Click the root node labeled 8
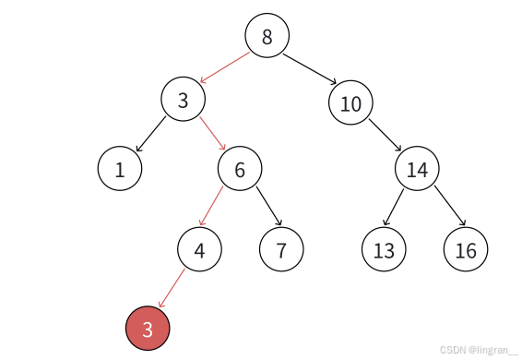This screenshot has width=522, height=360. (x=267, y=35)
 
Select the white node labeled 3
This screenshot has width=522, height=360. (x=184, y=99)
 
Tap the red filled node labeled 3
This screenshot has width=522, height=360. (x=148, y=329)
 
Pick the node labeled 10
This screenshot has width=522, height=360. (x=350, y=102)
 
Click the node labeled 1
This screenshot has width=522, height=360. (x=120, y=168)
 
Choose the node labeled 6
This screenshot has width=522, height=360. (x=240, y=168)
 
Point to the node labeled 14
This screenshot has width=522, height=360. (x=417, y=168)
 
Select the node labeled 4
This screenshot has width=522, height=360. (x=199, y=249)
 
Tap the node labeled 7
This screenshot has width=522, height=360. (x=281, y=249)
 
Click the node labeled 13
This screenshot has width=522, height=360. (x=384, y=249)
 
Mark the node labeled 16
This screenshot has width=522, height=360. (x=466, y=249)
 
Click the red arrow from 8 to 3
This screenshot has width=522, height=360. (x=224, y=67)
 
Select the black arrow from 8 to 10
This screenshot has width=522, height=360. (x=310, y=68)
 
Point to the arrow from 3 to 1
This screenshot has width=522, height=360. (x=151, y=134)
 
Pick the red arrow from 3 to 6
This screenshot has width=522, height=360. (x=213, y=133)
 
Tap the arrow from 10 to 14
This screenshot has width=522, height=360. (x=386, y=135)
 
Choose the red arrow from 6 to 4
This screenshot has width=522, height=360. (x=211, y=206)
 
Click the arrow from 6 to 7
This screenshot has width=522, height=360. (x=269, y=206)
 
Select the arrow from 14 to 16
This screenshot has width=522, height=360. (x=450, y=206)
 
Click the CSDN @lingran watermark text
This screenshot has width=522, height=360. (x=479, y=350)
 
